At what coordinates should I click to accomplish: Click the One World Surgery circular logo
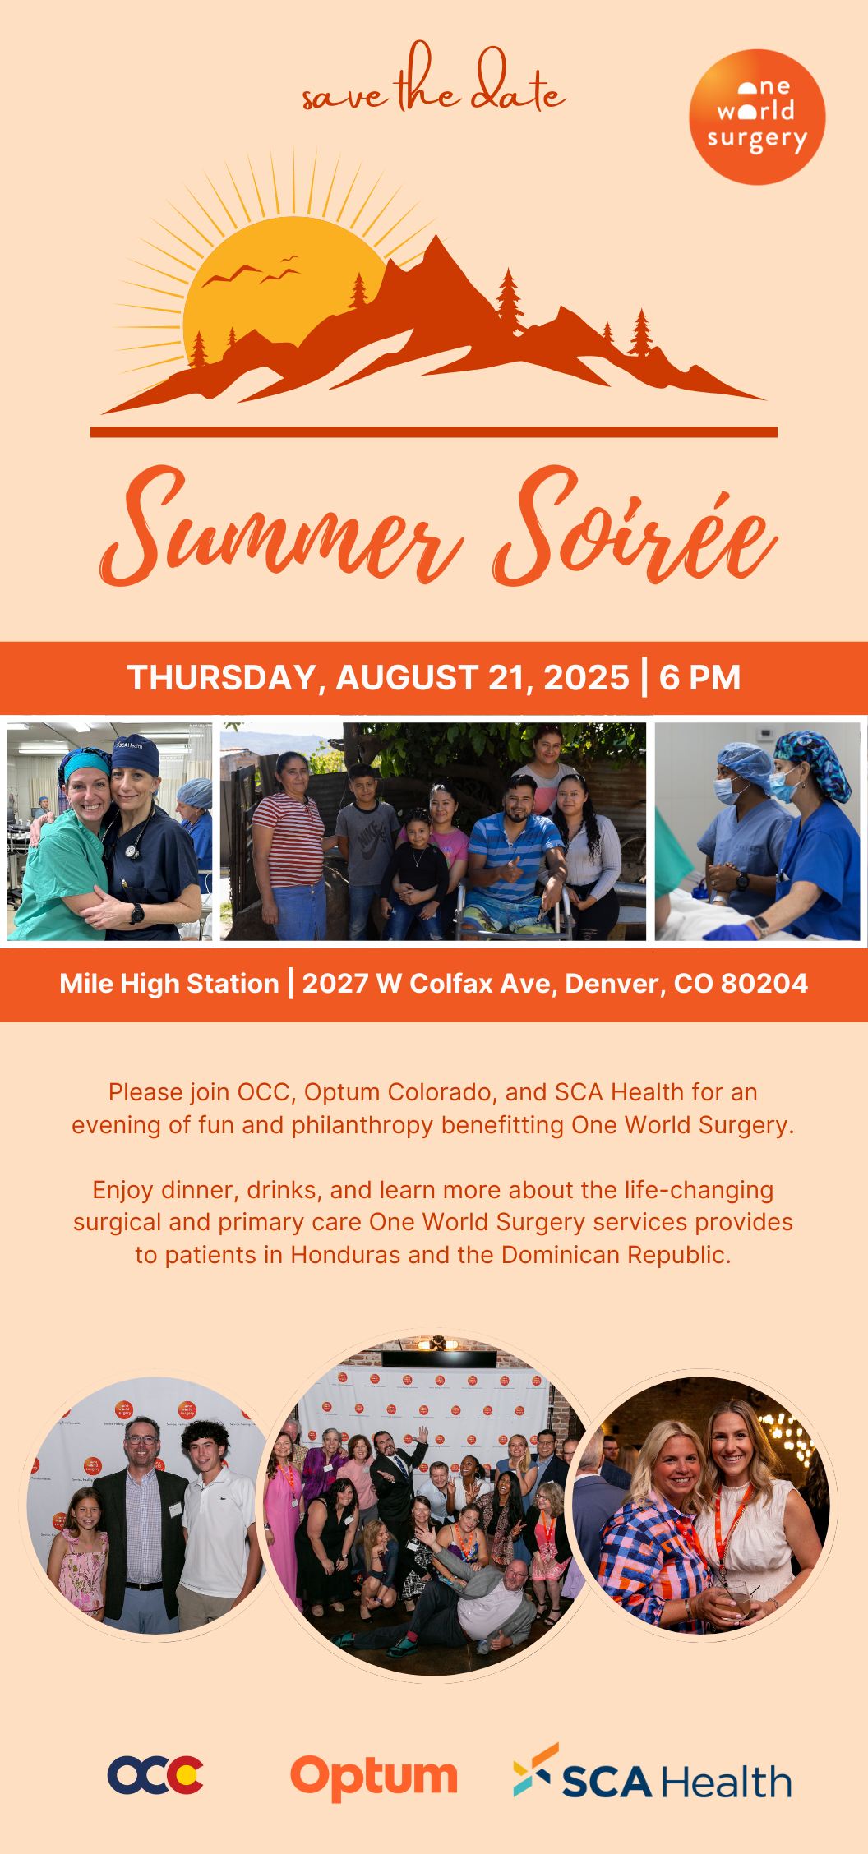coord(757,117)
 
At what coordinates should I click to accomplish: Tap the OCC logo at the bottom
coord(155,1775)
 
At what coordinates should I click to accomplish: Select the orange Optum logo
coord(374,1778)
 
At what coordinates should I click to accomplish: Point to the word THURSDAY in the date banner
coord(222,678)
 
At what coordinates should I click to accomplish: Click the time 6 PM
coord(699,678)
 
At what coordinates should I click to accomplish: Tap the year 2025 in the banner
coord(586,678)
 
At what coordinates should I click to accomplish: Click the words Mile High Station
coord(169,984)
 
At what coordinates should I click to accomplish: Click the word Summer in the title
coord(281,528)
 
